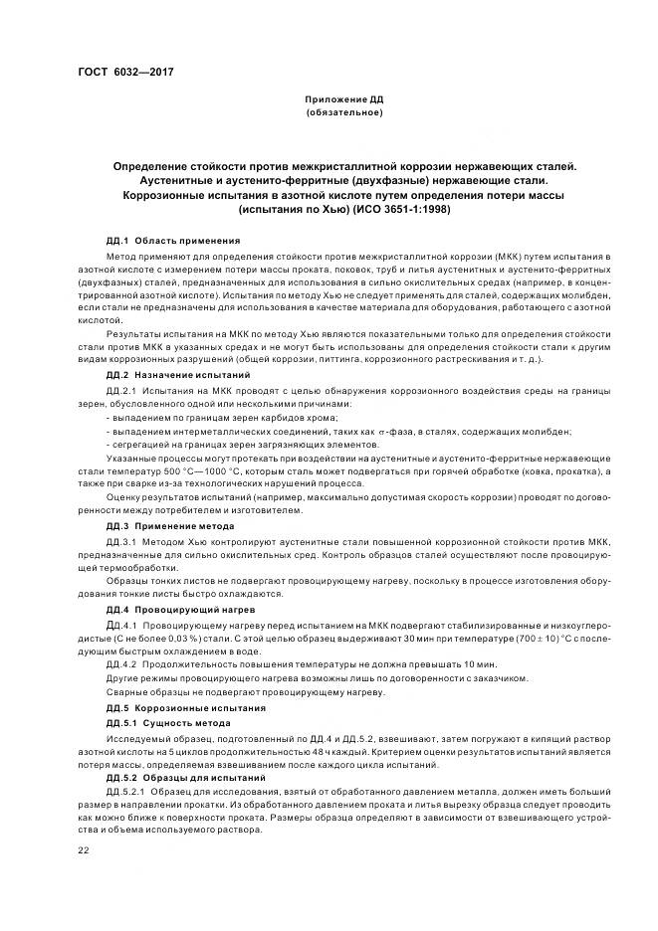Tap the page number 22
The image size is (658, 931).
[84, 849]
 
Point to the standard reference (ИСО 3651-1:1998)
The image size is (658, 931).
[397, 210]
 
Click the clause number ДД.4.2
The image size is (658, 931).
[120, 663]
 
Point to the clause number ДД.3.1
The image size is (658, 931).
[120, 541]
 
